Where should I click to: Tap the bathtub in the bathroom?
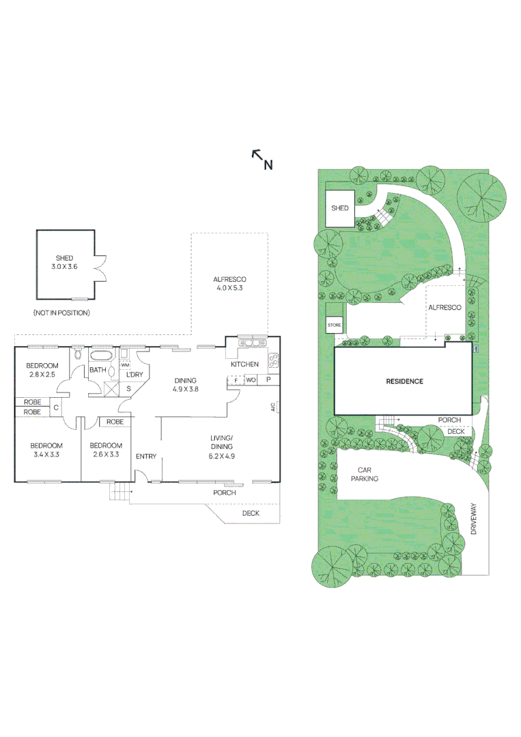click(x=102, y=356)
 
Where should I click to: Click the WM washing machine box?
click(x=125, y=365)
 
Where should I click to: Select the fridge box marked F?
click(x=236, y=380)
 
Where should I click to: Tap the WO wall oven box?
click(x=251, y=380)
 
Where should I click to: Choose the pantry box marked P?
click(x=268, y=380)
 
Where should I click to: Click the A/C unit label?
click(x=272, y=407)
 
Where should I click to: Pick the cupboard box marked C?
click(x=55, y=407)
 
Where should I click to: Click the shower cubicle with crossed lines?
click(x=111, y=390)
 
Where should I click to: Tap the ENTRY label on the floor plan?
click(x=146, y=456)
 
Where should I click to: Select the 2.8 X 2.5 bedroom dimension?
click(x=42, y=375)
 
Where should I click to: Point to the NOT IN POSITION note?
click(x=61, y=312)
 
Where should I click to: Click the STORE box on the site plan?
click(x=334, y=326)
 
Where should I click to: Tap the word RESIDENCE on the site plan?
click(x=405, y=381)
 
